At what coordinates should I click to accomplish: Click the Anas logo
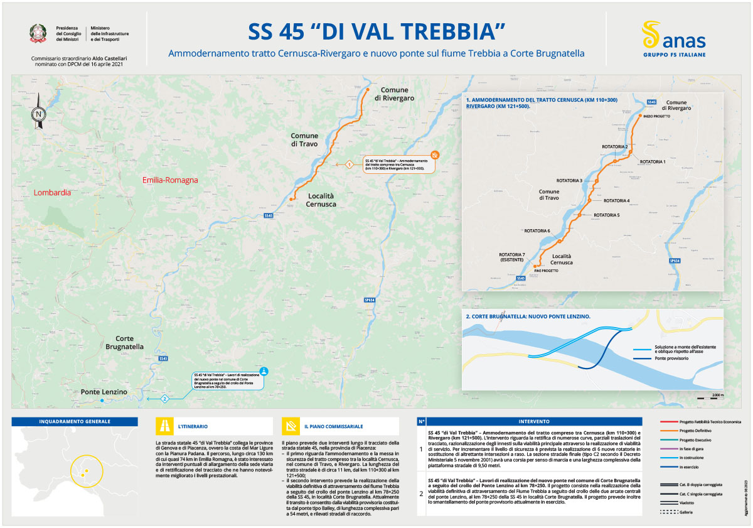(x=673, y=38)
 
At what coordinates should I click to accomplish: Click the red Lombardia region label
(x=53, y=193)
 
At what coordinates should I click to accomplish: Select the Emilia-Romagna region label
(x=169, y=180)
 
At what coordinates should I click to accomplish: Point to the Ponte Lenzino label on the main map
(x=104, y=392)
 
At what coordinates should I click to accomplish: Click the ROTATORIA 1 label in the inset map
(x=652, y=161)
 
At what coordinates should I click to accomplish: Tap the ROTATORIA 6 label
(x=537, y=231)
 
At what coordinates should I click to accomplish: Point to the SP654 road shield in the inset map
(x=675, y=261)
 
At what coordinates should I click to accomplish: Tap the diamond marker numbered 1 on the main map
(x=349, y=164)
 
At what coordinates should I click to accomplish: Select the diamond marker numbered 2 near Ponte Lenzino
(x=164, y=398)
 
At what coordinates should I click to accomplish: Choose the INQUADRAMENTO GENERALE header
(x=75, y=421)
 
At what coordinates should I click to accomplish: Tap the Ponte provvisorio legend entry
(x=668, y=359)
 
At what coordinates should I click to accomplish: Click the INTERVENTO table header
(x=534, y=421)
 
